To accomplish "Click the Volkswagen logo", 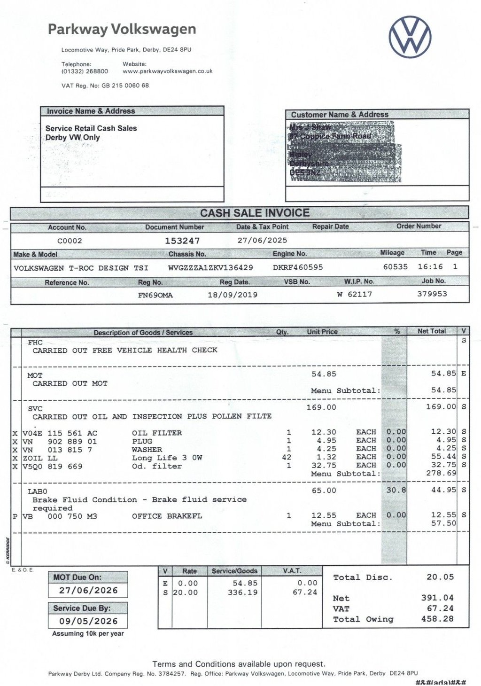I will pos(410,37).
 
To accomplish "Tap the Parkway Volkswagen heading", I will pos(122,30).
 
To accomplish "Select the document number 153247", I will pos(182,241).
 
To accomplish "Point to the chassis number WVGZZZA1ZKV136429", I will pos(210,268).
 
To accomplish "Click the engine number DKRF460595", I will pos(298,267).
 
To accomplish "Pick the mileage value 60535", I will pos(396,267).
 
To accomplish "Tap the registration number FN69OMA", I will pos(155,295).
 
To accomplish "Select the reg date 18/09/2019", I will pos(233,295).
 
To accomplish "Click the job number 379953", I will pos(432,294).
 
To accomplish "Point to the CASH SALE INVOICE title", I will pos(255,213).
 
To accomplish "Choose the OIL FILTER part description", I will pos(157,433).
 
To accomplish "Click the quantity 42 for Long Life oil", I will pos(287,457).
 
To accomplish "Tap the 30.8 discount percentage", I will pos(396,490).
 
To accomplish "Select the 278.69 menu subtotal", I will pos(444,473).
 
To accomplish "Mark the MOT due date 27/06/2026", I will pos(88,590).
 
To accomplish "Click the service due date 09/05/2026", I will pos(88,621).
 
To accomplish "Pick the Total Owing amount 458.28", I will pos(437,619).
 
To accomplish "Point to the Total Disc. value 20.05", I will pos(440,577).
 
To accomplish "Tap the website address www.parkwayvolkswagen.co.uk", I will pos(168,71).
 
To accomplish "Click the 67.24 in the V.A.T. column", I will pos(305,592).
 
